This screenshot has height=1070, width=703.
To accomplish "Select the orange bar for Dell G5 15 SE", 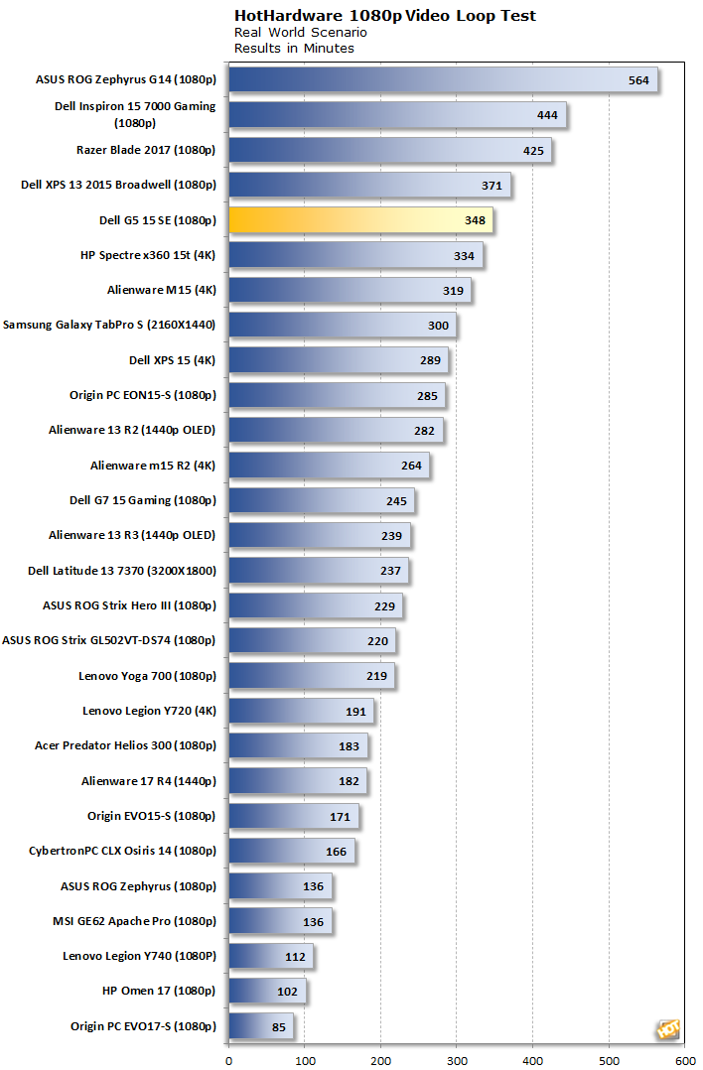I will tap(360, 220).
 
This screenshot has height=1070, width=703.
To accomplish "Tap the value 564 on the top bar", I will tap(638, 80).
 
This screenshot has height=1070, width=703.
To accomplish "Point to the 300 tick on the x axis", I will tap(457, 1060).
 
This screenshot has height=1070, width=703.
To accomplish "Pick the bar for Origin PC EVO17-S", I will tap(261, 1026).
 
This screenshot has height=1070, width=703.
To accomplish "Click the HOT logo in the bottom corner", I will tap(667, 1030).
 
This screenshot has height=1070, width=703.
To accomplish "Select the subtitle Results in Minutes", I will tap(294, 48).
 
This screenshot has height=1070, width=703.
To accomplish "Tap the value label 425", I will tap(533, 151).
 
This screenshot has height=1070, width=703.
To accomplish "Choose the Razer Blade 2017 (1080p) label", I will tap(146, 151).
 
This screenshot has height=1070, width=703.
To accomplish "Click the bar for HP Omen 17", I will tap(267, 992).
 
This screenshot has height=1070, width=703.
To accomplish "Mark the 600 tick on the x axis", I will tap(685, 1060).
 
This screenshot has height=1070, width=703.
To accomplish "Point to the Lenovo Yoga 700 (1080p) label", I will tap(147, 676).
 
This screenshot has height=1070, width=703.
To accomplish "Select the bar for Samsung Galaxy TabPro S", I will tap(343, 326).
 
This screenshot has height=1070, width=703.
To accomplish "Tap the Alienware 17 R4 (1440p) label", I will tap(149, 781).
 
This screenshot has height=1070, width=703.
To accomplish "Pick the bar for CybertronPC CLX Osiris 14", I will tap(292, 852).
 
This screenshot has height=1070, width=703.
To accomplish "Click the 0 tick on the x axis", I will tap(229, 1060).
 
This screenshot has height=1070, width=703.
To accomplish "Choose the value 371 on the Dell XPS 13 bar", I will tap(492, 186).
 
